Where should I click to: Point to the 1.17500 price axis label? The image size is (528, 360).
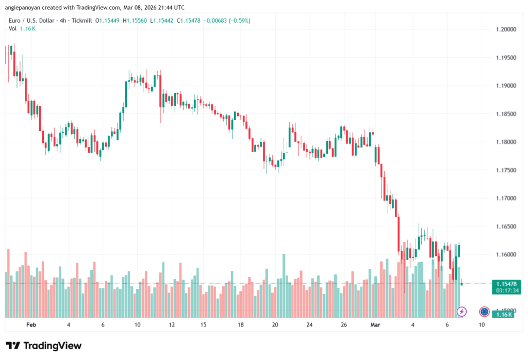[x=505, y=170]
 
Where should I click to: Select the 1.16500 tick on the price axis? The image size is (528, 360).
[x=505, y=226]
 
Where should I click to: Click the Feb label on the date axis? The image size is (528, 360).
[x=31, y=325]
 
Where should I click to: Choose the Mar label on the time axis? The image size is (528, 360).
[x=376, y=325]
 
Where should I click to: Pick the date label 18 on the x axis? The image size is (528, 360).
[x=241, y=325]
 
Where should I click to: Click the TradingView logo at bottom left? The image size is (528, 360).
[x=43, y=346]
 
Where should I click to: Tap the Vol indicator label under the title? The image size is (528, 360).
[x=13, y=28]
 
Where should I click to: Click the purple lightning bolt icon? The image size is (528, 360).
[x=462, y=312]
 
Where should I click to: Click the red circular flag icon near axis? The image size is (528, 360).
[x=484, y=312]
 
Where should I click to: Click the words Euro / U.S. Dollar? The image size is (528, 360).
[x=30, y=20]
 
